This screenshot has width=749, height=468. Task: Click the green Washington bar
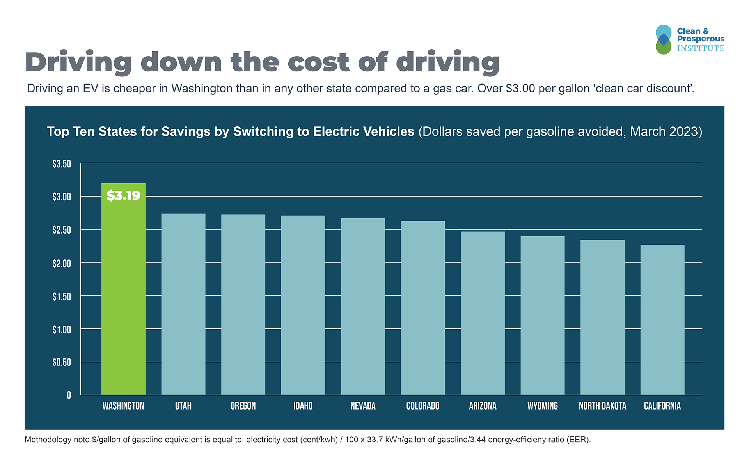click(123, 296)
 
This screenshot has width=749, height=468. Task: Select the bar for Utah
click(183, 304)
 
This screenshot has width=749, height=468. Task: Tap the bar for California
click(662, 320)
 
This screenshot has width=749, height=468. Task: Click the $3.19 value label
click(123, 195)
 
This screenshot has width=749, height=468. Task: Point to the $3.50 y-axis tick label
click(62, 164)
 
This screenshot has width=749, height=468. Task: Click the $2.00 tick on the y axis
click(62, 264)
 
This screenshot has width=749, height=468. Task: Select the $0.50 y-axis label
click(62, 363)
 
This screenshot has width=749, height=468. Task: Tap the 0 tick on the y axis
click(69, 395)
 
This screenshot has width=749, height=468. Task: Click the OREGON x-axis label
click(243, 406)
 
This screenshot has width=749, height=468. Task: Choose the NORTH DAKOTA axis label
click(602, 406)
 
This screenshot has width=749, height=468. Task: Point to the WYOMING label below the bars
click(543, 406)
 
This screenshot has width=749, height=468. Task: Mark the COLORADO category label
click(423, 406)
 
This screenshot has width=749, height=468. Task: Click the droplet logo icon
click(663, 39)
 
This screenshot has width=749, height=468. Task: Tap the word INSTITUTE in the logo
click(701, 48)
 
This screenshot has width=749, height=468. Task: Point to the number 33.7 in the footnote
click(374, 440)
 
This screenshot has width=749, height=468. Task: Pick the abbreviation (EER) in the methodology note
click(579, 440)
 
